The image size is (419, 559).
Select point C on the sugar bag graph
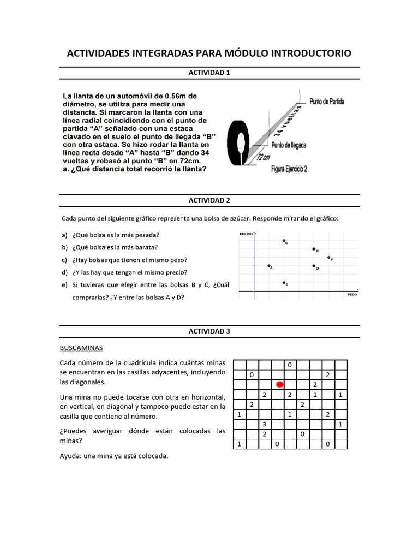coord(284,240)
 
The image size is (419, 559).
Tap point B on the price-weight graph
coord(284,282)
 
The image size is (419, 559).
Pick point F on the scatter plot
coord(328,257)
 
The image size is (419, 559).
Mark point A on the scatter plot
coord(269,266)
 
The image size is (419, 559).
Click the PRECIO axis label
coord(246,234)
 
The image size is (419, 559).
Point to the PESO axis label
coord(352,294)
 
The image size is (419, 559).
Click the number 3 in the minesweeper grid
coord(264,424)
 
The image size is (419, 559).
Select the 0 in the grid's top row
coord(290,365)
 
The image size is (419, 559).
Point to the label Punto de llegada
coord(289,145)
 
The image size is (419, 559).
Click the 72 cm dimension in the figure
coord(264,158)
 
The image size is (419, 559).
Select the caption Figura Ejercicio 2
coord(289,169)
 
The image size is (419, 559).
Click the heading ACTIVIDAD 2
coord(209,200)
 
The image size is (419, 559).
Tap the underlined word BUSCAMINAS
coord(80,347)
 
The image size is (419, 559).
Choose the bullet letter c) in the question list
coord(64,260)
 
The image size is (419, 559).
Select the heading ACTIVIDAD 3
coord(209,331)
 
